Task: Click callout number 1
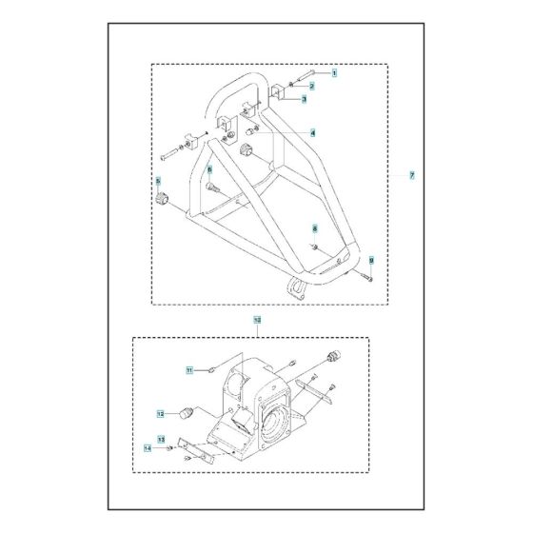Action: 306,73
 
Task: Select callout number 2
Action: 311,86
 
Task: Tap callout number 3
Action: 304,99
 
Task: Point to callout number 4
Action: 312,131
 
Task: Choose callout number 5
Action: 158,180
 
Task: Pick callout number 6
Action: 209,168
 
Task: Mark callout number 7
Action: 411,177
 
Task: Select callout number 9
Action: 371,260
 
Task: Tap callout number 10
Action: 257,322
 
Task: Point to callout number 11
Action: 189,369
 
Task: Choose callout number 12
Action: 162,413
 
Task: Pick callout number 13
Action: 162,439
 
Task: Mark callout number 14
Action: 148,447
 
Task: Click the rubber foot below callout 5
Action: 161,198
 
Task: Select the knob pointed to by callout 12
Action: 190,412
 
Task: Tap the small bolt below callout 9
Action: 365,276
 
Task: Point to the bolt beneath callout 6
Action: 212,188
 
